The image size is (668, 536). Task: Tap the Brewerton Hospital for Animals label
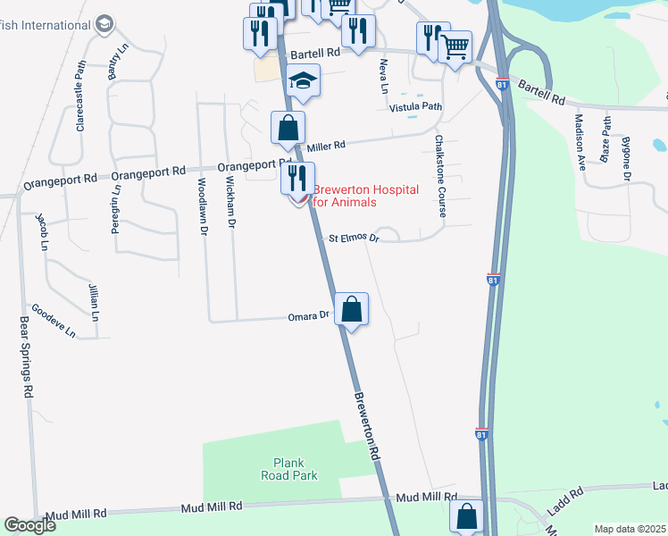[345, 196]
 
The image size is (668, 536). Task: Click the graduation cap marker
[304, 83]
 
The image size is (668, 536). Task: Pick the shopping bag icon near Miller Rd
[288, 129]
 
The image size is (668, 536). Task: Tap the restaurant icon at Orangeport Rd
[298, 178]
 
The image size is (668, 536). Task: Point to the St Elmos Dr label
[355, 239]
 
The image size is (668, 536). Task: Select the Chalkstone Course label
[439, 176]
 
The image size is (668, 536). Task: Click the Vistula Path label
[416, 106]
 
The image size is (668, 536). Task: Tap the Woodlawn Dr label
[204, 205]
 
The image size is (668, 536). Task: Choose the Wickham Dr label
[230, 202]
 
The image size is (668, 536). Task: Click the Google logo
[30, 526]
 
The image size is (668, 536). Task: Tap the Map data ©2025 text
[630, 529]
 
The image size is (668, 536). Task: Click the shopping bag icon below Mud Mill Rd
[466, 516]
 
